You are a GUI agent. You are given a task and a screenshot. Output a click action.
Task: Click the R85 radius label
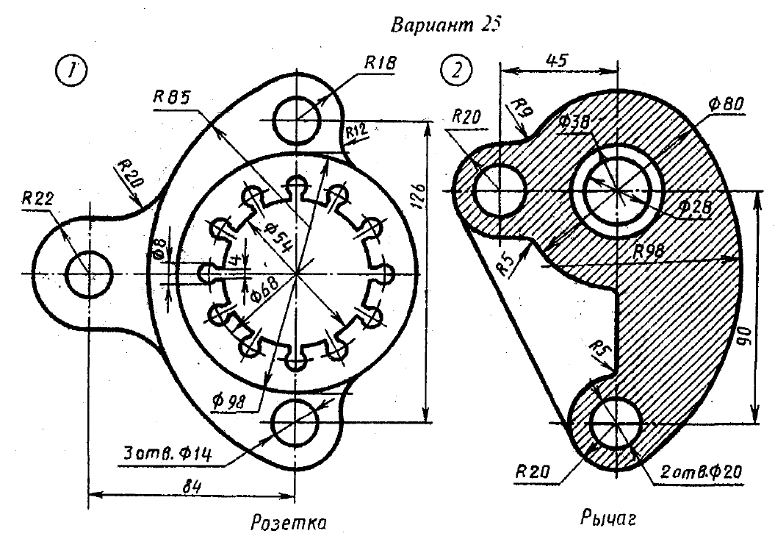click(173, 96)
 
